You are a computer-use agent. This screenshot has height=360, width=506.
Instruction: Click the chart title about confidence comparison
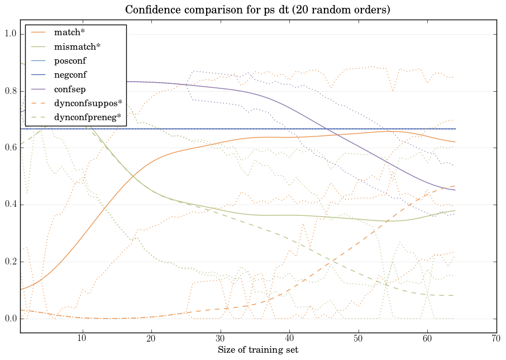[x=257, y=10]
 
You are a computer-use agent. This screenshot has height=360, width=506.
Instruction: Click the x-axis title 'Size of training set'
[x=257, y=350]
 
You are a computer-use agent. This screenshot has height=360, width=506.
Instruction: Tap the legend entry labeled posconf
[x=70, y=60]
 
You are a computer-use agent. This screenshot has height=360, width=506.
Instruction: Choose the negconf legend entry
[x=70, y=74]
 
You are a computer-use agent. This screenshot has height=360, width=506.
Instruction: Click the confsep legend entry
[x=69, y=88]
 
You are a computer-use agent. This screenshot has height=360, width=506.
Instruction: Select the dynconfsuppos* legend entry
[x=88, y=103]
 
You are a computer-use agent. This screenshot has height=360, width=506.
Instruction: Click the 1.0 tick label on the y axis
[x=10, y=34]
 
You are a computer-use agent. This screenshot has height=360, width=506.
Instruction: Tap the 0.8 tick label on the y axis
[x=10, y=91]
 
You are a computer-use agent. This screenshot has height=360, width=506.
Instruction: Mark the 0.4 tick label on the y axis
[x=10, y=205]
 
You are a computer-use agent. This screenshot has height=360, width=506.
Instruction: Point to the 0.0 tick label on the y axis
[x=10, y=319]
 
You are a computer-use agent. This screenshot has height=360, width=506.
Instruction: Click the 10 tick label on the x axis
[x=82, y=338]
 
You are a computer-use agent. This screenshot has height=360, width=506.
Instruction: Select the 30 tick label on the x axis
[x=220, y=338]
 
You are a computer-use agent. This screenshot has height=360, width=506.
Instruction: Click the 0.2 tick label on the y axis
[x=10, y=262]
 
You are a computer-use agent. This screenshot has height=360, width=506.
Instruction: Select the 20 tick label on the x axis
[x=151, y=338]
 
